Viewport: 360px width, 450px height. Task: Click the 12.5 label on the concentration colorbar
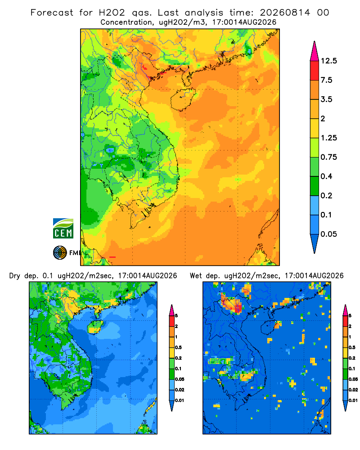328,61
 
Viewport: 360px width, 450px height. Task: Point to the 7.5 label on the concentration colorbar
326,80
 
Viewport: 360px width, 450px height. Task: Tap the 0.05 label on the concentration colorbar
328,234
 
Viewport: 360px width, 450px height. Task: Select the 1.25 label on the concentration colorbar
328,138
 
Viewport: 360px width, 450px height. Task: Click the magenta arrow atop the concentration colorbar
315,51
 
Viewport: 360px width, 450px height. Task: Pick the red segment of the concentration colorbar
315,71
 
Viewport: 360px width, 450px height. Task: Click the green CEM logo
63,229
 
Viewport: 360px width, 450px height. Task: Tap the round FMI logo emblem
60,253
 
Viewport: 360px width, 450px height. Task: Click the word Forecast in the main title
52,13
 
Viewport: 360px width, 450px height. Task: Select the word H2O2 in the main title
112,13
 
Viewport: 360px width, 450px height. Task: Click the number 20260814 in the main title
285,13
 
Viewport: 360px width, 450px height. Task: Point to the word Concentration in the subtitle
126,22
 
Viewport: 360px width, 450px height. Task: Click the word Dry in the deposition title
15,276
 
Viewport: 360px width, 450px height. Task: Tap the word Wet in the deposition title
196,276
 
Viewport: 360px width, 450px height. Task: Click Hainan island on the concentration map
183,99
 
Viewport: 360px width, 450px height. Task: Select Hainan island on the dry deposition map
95,327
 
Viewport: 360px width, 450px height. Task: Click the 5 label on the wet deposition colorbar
350,316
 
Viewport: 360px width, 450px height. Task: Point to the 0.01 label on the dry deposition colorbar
180,400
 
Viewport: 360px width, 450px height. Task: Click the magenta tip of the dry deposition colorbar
172,310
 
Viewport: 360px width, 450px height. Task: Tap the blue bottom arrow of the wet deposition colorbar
346,406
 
